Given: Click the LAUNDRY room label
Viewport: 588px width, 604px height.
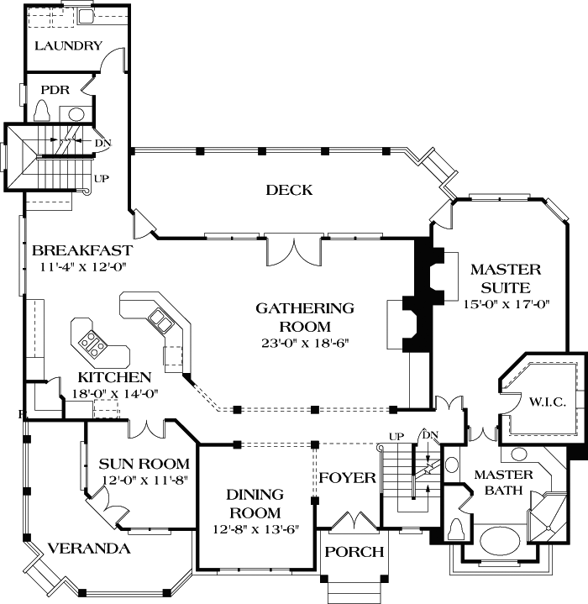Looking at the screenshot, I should click(68, 45).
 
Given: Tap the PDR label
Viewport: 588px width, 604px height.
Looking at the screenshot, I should click(42, 88).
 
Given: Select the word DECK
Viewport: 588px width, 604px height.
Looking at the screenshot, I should click(289, 190).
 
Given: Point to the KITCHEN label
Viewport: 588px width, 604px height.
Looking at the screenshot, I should click(114, 377).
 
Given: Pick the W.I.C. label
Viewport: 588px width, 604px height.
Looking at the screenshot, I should click(548, 402).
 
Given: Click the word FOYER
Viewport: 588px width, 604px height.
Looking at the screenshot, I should click(347, 478).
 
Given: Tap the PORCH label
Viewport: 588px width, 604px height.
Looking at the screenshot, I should click(354, 552).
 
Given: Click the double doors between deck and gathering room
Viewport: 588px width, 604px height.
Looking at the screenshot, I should click(292, 248).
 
